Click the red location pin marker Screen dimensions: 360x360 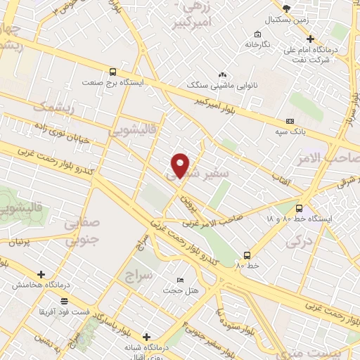(181, 165)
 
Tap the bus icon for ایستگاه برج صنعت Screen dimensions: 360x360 (113, 71)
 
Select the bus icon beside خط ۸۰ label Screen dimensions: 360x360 (246, 255)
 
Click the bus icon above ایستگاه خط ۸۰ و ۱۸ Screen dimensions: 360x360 (299, 208)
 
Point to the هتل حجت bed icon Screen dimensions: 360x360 (181, 280)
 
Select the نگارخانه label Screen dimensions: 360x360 (257, 44)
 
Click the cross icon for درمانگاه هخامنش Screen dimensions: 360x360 (41, 275)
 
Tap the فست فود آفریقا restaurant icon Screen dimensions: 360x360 (65, 300)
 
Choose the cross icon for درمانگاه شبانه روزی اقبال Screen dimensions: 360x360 (146, 337)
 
